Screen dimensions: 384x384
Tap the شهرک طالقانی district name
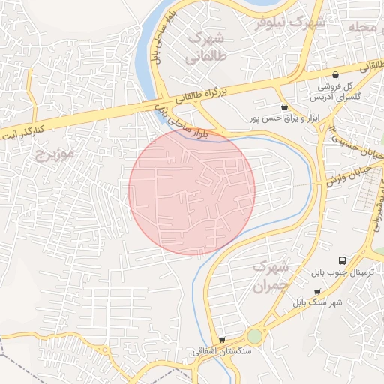coord(207,46)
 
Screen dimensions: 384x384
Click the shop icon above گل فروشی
coord(335,74)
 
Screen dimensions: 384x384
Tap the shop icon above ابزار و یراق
coord(283,107)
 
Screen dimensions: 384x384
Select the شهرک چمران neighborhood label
coord(270,276)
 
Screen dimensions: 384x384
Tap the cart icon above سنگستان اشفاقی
coord(221,340)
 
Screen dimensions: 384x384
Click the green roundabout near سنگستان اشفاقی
coord(255,336)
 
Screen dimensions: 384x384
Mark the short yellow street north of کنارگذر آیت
coord(31,90)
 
